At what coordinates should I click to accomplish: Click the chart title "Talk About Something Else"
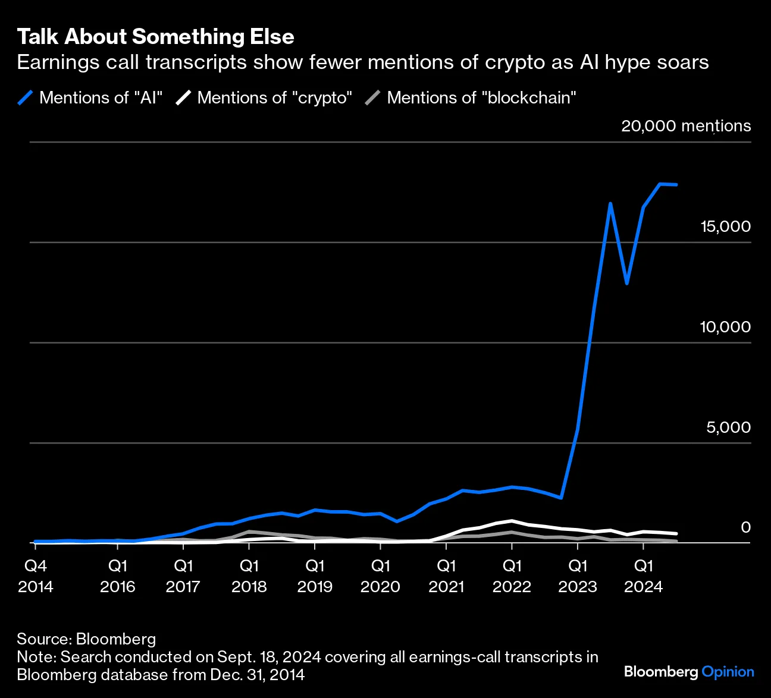tap(155, 37)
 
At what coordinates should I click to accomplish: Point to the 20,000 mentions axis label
tap(685, 126)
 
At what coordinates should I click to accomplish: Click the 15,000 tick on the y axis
tap(725, 227)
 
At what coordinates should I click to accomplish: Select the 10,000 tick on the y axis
tap(725, 327)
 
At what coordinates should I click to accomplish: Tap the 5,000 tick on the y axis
tap(728, 427)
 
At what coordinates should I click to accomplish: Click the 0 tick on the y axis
tap(745, 527)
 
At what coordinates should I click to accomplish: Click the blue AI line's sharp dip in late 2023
tap(627, 284)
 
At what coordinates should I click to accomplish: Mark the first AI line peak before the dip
tap(610, 204)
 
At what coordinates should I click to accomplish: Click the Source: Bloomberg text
tap(86, 639)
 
